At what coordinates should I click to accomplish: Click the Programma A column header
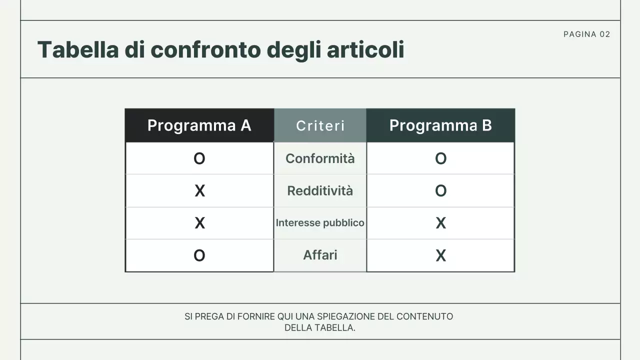(x=199, y=125)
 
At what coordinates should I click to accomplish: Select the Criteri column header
(x=320, y=125)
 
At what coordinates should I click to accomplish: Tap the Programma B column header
(x=440, y=125)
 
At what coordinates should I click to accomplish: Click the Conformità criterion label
(x=320, y=158)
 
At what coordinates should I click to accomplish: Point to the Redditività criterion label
(x=320, y=190)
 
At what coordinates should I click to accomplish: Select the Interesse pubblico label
(x=320, y=222)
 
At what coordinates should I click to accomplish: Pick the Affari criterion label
(x=320, y=255)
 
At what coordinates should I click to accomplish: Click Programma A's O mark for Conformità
(x=199, y=158)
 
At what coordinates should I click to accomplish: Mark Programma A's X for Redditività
(x=199, y=190)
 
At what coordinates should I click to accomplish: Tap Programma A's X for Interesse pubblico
(x=199, y=223)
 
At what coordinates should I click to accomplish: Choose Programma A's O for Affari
(x=199, y=255)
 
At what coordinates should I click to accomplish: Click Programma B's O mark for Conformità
(x=440, y=158)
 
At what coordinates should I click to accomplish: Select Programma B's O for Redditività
(x=440, y=190)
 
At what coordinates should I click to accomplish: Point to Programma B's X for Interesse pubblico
(x=440, y=223)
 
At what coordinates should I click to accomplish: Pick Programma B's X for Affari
(x=440, y=255)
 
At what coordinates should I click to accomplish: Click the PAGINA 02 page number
(x=586, y=34)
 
